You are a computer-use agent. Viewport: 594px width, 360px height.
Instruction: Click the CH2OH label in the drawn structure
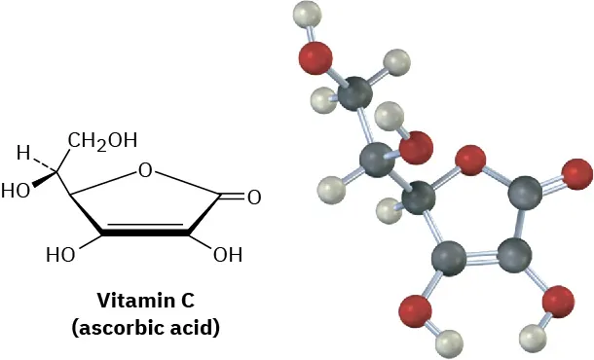pyautogui.click(x=102, y=140)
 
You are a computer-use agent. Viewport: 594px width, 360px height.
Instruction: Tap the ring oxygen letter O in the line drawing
pyautogui.click(x=146, y=171)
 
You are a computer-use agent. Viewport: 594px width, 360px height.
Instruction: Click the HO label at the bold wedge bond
pyautogui.click(x=16, y=191)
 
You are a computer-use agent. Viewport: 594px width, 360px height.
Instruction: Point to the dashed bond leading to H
pyautogui.click(x=48, y=162)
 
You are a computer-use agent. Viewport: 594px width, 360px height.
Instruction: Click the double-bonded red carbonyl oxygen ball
pyautogui.click(x=576, y=174)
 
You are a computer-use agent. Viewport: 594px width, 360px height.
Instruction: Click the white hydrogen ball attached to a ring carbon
pyautogui.click(x=390, y=208)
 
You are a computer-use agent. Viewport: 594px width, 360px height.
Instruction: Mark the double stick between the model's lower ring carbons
pyautogui.click(x=481, y=258)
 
